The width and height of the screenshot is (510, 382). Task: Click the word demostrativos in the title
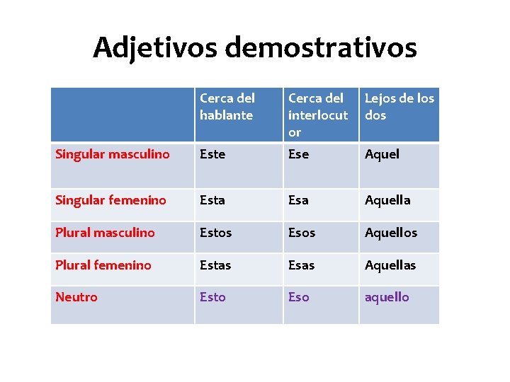click(x=321, y=47)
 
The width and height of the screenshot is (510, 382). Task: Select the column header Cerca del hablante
click(x=227, y=107)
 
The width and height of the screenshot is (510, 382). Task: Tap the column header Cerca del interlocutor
click(x=318, y=115)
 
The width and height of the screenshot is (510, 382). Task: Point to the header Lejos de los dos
click(x=399, y=107)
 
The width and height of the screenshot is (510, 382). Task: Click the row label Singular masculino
click(x=113, y=154)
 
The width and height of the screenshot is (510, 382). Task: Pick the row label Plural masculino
click(x=105, y=233)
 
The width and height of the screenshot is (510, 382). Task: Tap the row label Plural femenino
click(x=103, y=265)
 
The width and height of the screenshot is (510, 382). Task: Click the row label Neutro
click(x=76, y=297)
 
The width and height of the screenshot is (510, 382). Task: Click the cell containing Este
click(x=212, y=154)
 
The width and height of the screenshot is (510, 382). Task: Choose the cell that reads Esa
click(x=298, y=200)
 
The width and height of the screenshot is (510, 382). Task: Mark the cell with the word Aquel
click(x=382, y=154)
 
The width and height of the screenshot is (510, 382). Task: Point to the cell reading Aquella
click(x=387, y=200)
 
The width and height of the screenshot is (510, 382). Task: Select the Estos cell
click(x=215, y=233)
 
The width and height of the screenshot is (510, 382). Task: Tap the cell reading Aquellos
click(x=391, y=233)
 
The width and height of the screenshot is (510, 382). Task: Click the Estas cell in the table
click(x=215, y=265)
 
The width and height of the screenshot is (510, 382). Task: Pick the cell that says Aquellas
click(x=390, y=265)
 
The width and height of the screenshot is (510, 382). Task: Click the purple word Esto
click(x=212, y=297)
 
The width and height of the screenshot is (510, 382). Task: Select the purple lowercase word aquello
click(x=387, y=297)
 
